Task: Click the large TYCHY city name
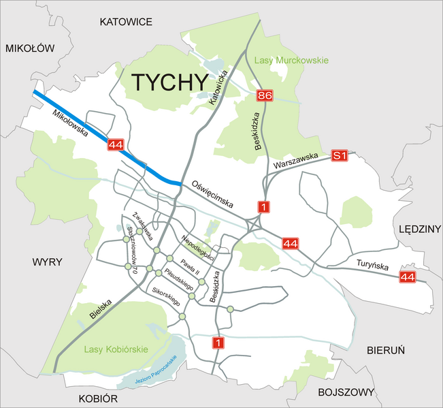pos(169,82)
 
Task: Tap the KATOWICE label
pos(126,22)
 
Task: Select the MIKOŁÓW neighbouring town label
pos(29,48)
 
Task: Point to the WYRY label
pos(47,262)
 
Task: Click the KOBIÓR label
pos(99,398)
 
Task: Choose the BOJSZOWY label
pos(346,392)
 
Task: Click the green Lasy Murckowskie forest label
pos(291,61)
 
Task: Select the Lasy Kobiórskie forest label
pos(116,349)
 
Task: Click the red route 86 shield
pos(265,96)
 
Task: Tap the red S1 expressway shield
pos(340,156)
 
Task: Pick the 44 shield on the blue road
pos(116,144)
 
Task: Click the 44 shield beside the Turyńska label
pos(408,277)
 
